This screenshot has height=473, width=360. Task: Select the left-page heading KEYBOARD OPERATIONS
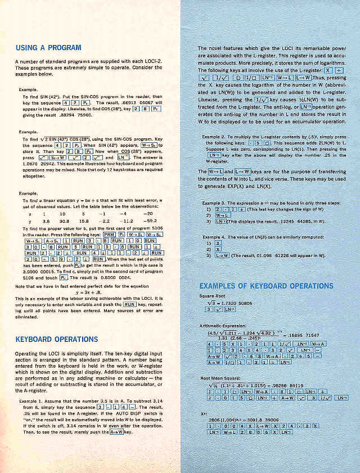[56, 339]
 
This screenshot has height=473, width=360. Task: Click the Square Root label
[213, 296]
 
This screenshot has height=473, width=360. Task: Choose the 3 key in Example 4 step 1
[217, 243]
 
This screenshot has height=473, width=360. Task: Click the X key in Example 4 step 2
[218, 249]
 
